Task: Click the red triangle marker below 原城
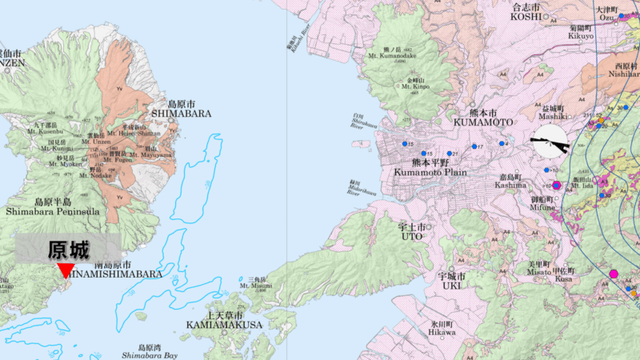[66, 270]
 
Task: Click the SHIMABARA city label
[189, 114]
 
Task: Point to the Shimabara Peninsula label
[53, 211]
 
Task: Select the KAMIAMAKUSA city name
[223, 325]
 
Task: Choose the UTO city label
[411, 236]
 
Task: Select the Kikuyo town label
[581, 36]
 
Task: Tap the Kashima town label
[510, 185]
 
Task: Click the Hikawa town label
[442, 332]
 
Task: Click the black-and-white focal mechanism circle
[550, 144]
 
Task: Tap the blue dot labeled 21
[450, 154]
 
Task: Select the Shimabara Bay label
[148, 354]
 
